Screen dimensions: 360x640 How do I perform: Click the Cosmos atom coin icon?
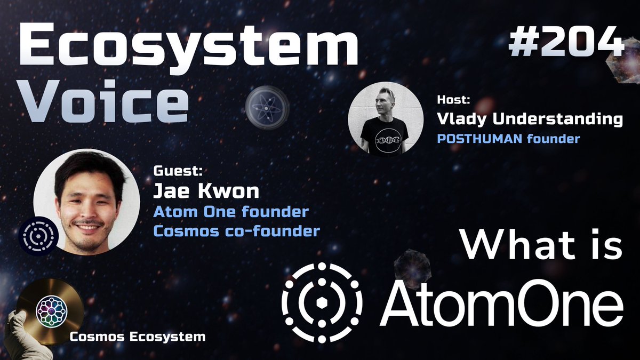267,105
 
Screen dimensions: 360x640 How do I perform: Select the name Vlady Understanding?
530,119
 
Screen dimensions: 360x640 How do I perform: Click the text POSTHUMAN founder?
508,139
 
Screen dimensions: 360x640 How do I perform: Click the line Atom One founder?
231,212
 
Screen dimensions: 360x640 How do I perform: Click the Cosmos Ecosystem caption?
138,337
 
